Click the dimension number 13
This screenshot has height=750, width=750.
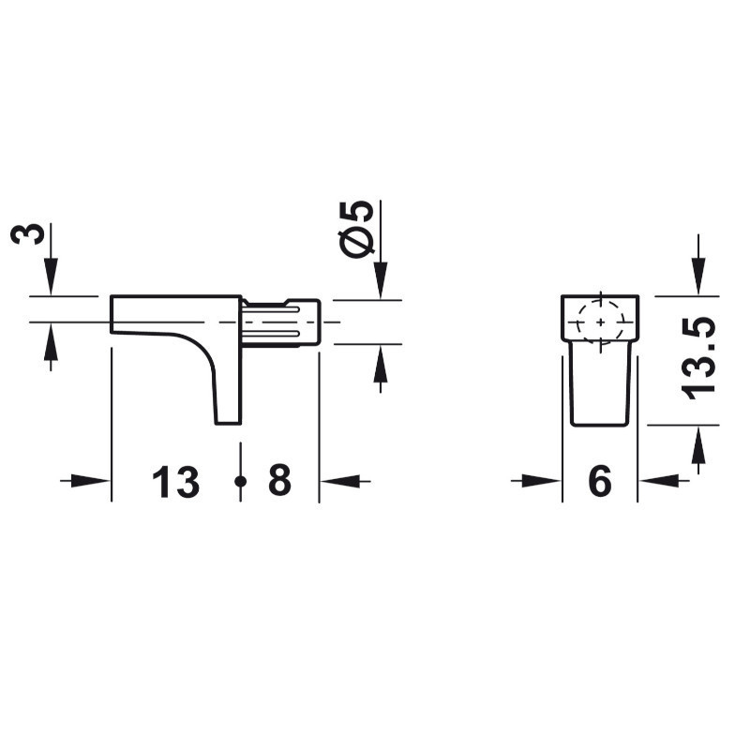[x=175, y=482]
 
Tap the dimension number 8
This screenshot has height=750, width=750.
[x=279, y=480]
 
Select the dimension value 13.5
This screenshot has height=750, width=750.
[x=698, y=358]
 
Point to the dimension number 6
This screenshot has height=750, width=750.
[x=600, y=481]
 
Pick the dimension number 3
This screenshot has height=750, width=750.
[x=27, y=233]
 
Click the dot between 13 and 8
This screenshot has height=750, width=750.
[x=241, y=481]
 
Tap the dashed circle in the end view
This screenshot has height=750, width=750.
[x=601, y=322]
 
